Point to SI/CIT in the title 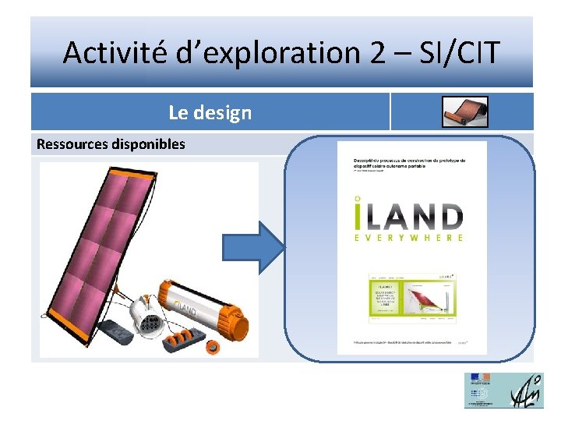460,54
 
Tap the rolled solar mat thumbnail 465,112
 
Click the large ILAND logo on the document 411,215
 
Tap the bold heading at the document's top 409,162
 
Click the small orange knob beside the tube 210,348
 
